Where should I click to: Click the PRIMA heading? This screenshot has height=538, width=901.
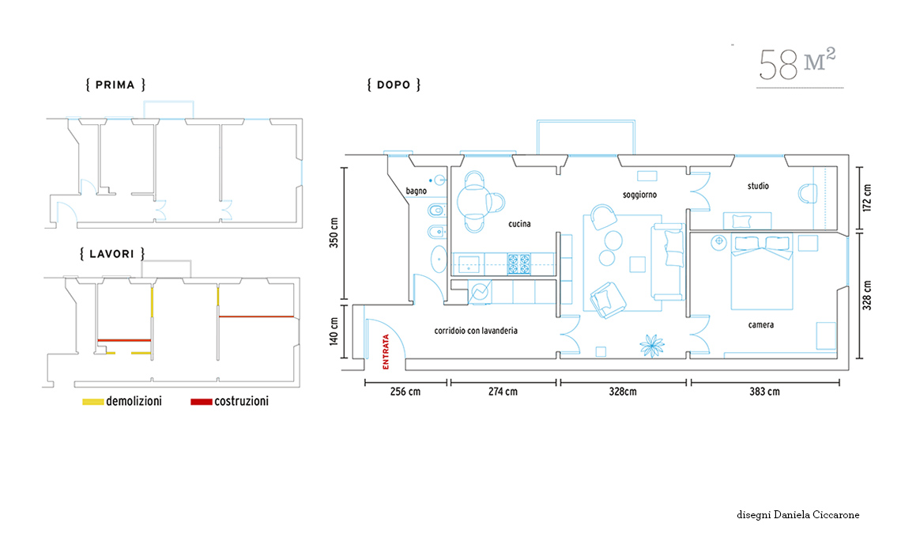point(115,85)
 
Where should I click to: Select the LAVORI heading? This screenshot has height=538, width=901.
point(112,254)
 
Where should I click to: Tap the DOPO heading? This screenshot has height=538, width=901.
point(394,85)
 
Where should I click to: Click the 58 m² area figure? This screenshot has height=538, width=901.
point(797,64)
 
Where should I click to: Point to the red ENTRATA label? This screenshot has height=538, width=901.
point(386,351)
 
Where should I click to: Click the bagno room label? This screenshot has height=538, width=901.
point(416,191)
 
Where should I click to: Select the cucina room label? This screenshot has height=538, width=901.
point(519,224)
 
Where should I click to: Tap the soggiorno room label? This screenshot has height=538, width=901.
point(639,195)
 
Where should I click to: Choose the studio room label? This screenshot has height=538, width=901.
point(758,186)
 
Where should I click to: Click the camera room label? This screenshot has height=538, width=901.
point(761,325)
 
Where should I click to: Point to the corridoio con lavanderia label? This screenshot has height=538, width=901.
point(476,331)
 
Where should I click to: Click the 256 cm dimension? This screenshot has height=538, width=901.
point(405,392)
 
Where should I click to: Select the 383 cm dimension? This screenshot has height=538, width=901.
point(765,392)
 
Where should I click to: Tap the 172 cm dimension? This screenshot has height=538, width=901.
point(867,198)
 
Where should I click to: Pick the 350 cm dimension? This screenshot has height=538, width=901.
point(334,233)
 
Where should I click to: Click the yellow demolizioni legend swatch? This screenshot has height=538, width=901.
point(93,402)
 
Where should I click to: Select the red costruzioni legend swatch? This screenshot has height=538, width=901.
point(201,402)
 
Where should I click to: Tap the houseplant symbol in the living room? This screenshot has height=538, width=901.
point(652,346)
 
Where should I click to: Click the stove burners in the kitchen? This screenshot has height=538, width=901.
point(519,264)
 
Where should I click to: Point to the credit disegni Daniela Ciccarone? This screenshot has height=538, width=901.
point(798,515)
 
